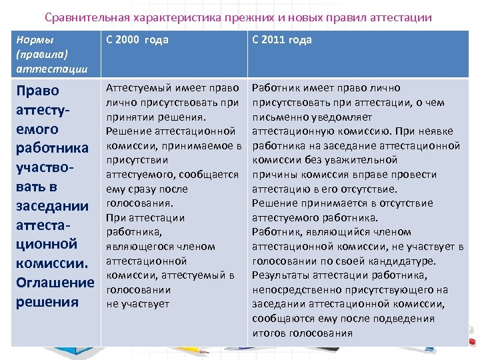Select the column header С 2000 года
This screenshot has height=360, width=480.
pos(138,40)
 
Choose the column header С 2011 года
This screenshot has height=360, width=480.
pos(282,40)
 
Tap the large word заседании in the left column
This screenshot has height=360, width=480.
pos(51,205)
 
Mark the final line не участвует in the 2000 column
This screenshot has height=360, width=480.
pos(138,304)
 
